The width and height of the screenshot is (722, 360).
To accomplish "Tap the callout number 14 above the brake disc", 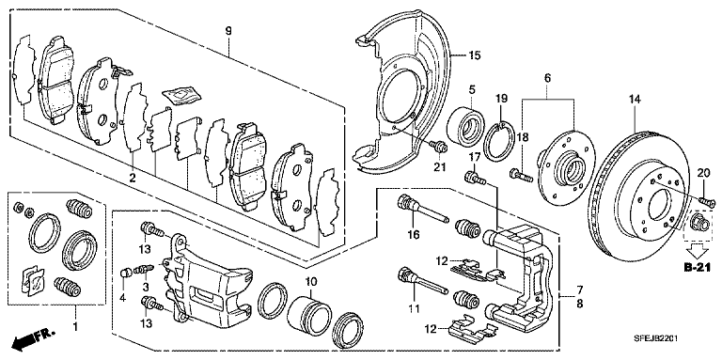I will (634, 100).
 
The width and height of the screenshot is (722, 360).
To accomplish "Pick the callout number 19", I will (501, 100).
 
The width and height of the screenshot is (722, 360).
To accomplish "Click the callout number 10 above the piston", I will (310, 281).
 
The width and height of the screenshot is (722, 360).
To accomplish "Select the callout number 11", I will (410, 307).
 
